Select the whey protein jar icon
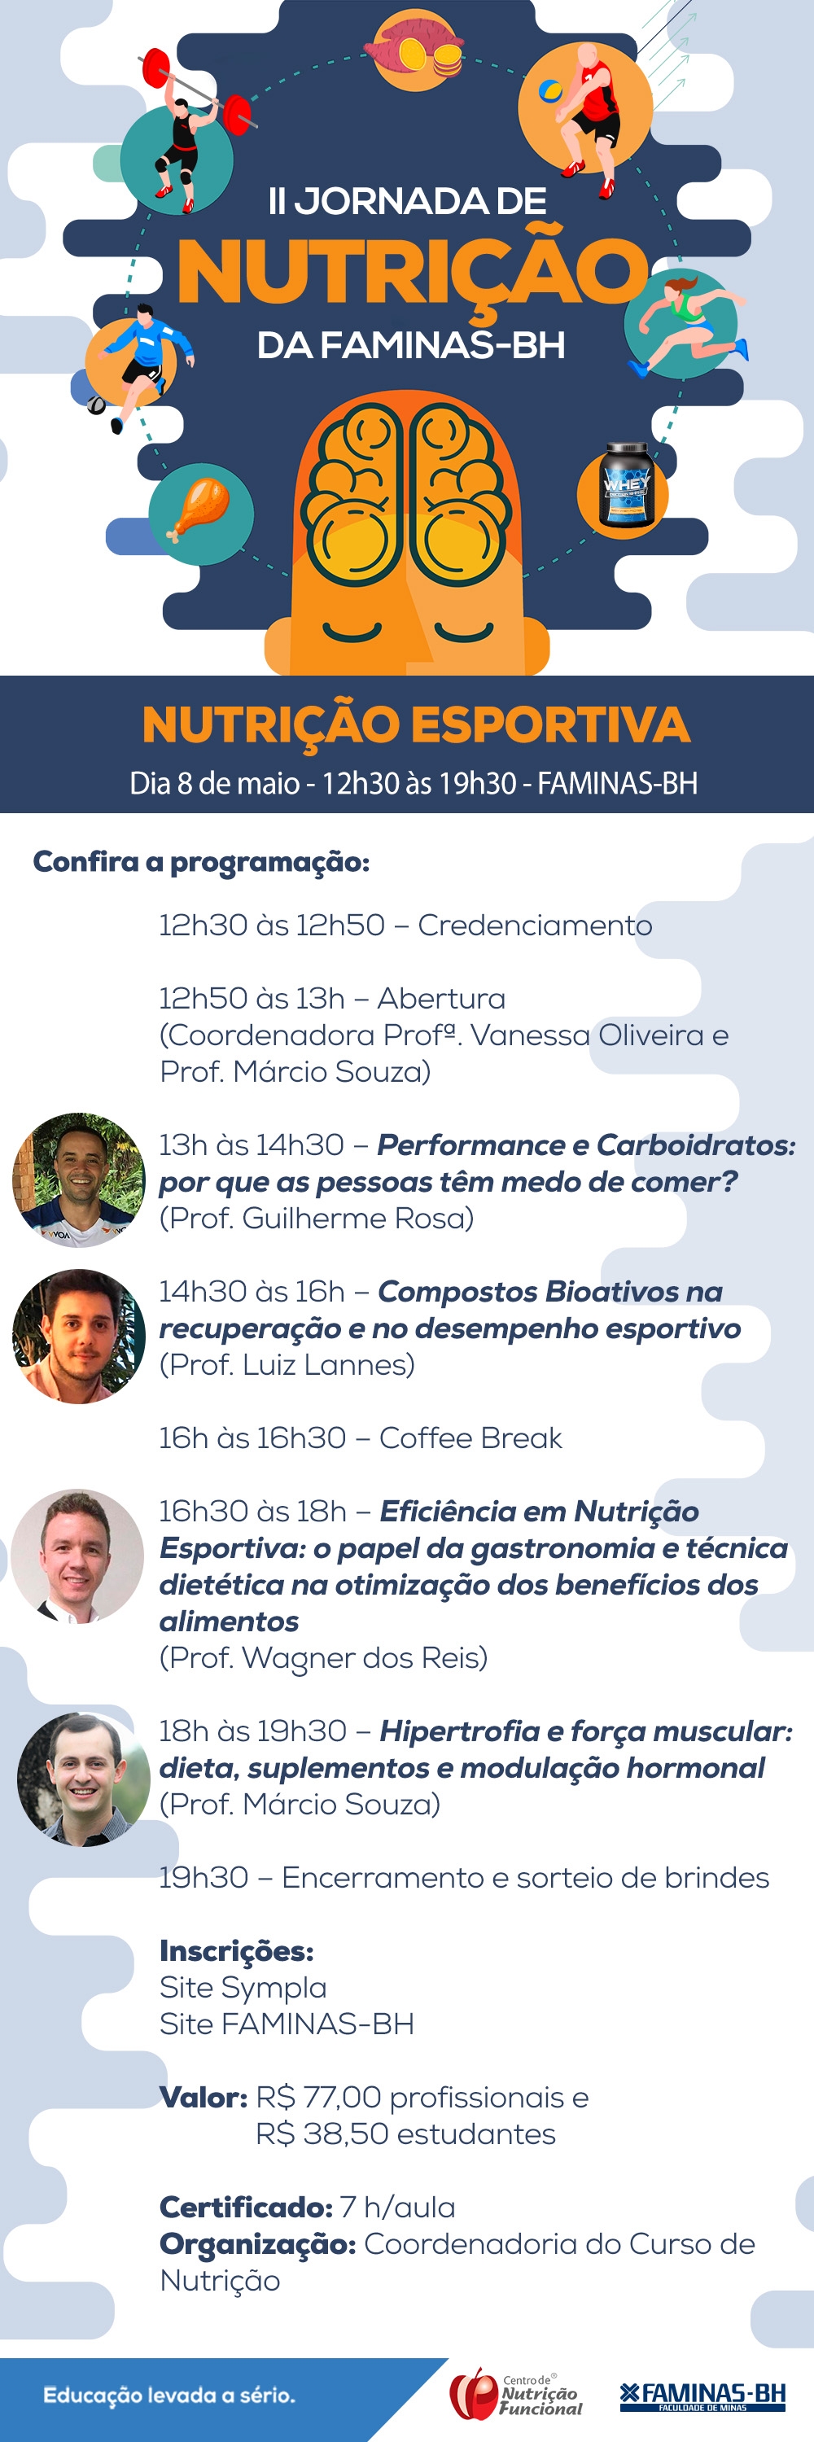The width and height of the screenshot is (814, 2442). coord(624,485)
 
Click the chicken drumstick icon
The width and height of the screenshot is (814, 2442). coord(200,511)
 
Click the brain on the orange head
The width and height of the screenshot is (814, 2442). coord(409,494)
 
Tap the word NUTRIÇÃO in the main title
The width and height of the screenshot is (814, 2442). coord(410,273)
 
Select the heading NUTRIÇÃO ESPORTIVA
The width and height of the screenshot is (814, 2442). coord(416,725)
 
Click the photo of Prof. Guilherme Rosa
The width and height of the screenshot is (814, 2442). coord(79,1179)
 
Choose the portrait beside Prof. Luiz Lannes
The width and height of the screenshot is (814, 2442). coord(79,1336)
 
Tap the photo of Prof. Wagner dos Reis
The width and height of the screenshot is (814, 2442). coord(77,1556)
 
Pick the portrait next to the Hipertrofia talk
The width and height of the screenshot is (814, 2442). coord(83,1779)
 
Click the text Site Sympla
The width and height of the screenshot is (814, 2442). coord(243,1987)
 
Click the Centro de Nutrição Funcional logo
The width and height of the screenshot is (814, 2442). coord(515,2394)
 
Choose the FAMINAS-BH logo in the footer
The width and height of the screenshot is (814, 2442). coord(702,2396)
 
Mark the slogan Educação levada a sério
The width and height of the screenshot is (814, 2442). coord(169,2395)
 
